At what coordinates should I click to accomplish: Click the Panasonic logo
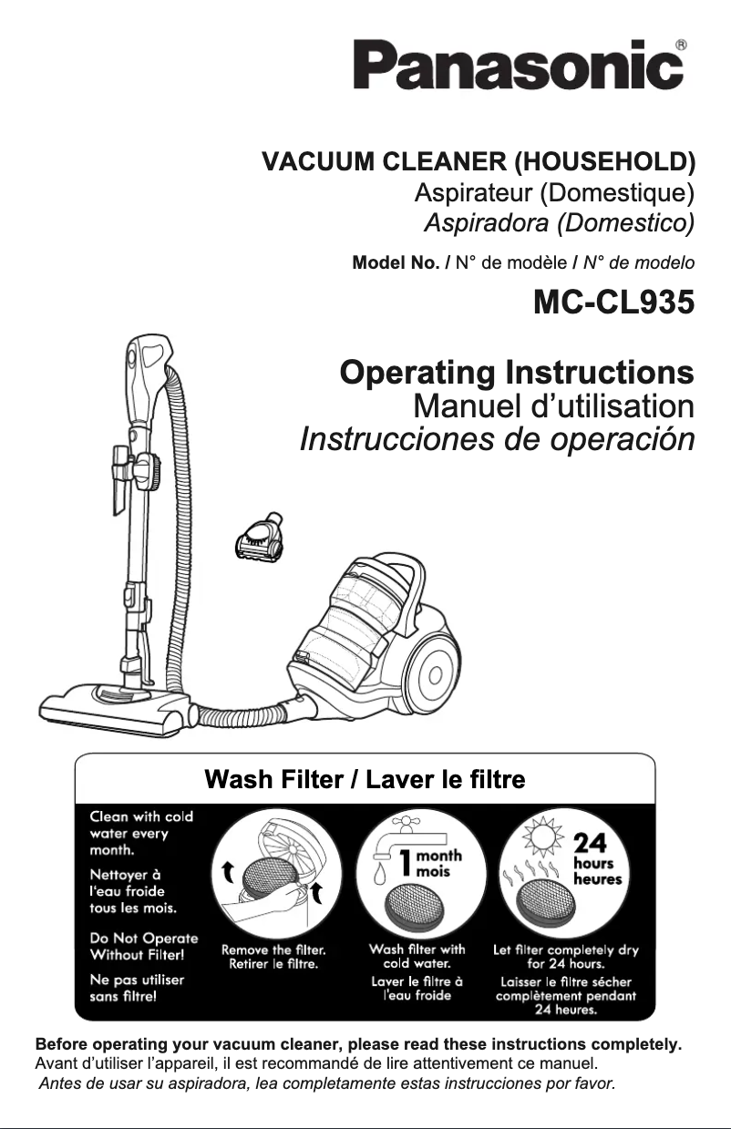(x=518, y=67)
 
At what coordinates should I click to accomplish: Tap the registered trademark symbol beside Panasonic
(x=681, y=44)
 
